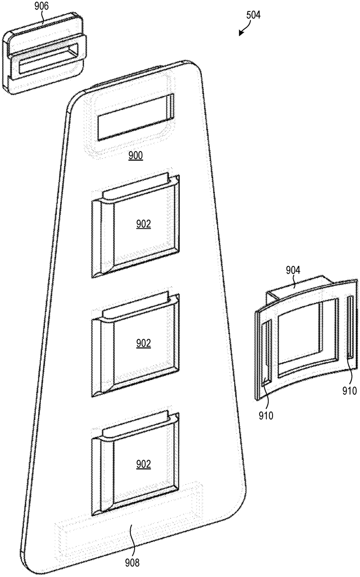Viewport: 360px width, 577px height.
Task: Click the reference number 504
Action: click(x=253, y=15)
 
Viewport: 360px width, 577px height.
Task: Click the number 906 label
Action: click(x=41, y=7)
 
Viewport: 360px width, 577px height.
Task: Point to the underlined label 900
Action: click(x=135, y=155)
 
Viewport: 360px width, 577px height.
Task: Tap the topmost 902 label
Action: click(x=143, y=224)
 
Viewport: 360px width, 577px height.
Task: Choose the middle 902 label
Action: click(x=143, y=343)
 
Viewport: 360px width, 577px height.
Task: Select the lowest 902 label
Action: click(x=143, y=464)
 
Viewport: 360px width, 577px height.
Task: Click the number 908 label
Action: click(x=132, y=560)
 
